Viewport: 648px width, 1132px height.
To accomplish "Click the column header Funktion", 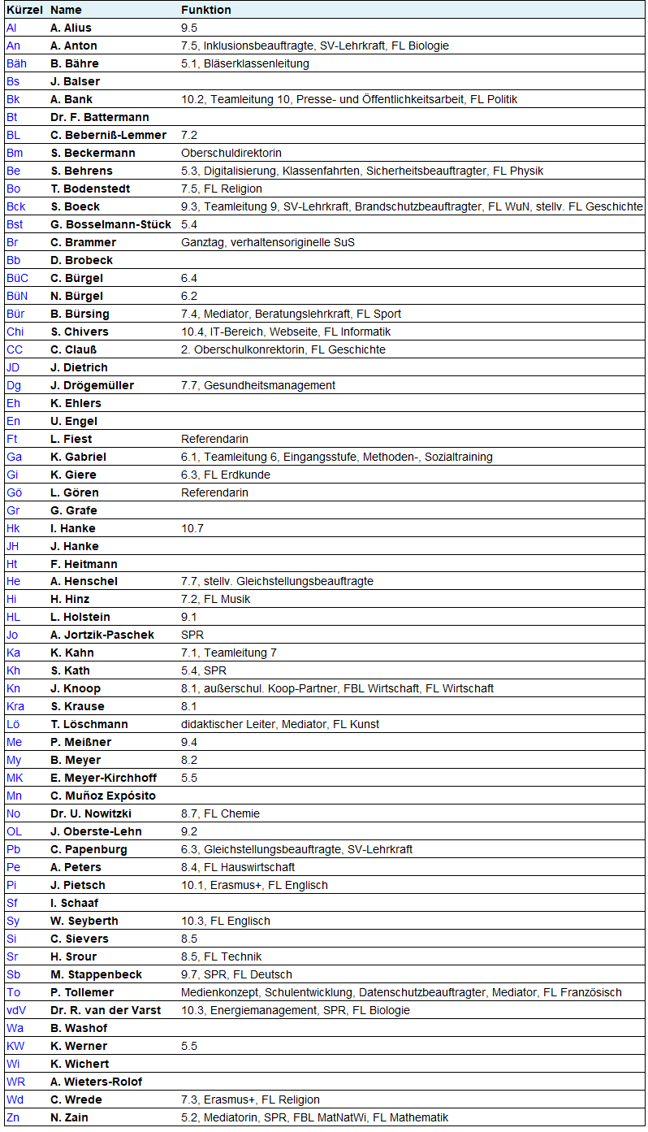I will pyautogui.click(x=205, y=10).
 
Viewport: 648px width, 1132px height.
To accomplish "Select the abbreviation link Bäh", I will pyautogui.click(x=16, y=63).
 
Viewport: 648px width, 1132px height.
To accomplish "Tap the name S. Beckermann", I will pyautogui.click(x=93, y=153).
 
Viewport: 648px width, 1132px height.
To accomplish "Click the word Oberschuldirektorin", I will pyautogui.click(x=231, y=153).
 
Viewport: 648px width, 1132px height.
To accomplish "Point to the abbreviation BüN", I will pyautogui.click(x=17, y=296).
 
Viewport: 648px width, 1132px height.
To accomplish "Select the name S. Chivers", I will pyautogui.click(x=80, y=332).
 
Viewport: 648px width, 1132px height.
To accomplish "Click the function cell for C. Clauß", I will pyautogui.click(x=283, y=349).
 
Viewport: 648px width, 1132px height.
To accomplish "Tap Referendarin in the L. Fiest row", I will pyautogui.click(x=214, y=439).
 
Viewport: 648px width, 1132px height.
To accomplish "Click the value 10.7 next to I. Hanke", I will pyautogui.click(x=192, y=528).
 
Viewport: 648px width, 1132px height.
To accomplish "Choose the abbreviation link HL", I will pyautogui.click(x=13, y=617).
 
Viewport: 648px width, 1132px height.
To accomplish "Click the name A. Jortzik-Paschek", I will pyautogui.click(x=102, y=635).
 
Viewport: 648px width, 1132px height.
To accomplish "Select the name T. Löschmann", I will pyautogui.click(x=89, y=724).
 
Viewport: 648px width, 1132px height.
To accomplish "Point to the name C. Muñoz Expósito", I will pyautogui.click(x=103, y=796).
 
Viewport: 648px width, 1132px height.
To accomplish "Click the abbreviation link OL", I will pyautogui.click(x=14, y=831).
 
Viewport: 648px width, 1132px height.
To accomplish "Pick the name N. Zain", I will pyautogui.click(x=69, y=1117).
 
